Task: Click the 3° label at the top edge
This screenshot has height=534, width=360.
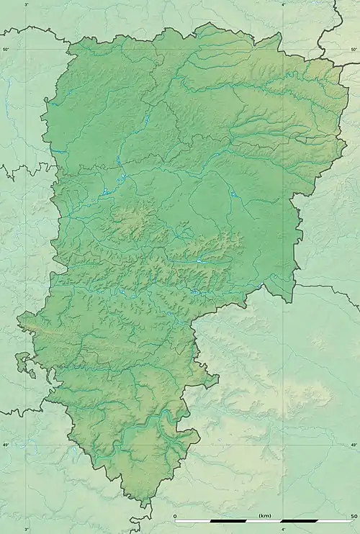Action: (x=27, y=4)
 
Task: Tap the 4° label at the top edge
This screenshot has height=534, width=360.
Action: (x=283, y=4)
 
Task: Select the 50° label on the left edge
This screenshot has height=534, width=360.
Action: (x=5, y=49)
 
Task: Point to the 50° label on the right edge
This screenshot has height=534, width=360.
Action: (x=354, y=49)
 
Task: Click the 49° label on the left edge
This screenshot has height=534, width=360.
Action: (x=5, y=445)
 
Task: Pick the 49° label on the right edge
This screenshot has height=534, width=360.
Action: (x=354, y=445)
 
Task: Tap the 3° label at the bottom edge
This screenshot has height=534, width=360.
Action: (x=27, y=529)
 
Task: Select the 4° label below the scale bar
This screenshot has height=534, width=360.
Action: (x=283, y=529)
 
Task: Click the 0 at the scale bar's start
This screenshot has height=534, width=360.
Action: (x=176, y=515)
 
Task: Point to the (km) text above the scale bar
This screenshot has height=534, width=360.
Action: (x=265, y=515)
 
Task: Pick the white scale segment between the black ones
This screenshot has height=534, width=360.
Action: (x=264, y=521)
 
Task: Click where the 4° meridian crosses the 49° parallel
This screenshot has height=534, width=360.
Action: (x=283, y=445)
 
